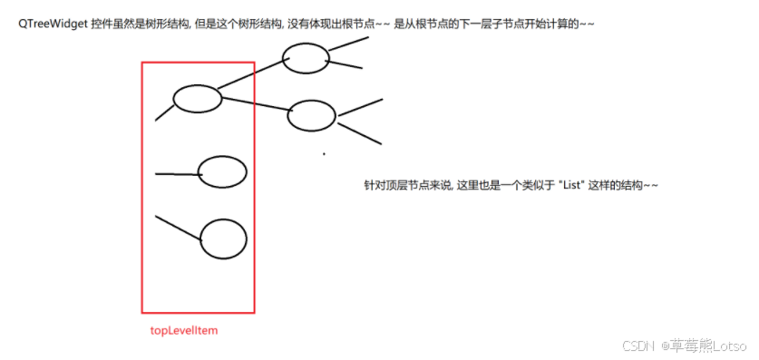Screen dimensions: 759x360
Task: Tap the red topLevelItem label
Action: (x=184, y=330)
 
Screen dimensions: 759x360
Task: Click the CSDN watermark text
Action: (x=639, y=346)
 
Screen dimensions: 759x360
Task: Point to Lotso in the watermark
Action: (x=727, y=346)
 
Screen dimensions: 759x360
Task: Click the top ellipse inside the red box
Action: (x=197, y=98)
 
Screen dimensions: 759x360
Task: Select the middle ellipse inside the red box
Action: (x=222, y=171)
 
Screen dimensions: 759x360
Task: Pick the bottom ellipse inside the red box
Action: (x=223, y=239)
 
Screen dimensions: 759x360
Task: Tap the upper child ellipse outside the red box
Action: (x=306, y=59)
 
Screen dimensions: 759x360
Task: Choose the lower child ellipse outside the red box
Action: (x=311, y=115)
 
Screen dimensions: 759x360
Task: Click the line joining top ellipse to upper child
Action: (x=250, y=79)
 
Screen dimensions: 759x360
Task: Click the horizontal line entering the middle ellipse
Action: (x=178, y=173)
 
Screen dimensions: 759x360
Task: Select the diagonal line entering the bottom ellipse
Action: (x=178, y=229)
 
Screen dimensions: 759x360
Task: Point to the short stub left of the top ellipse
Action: (x=164, y=112)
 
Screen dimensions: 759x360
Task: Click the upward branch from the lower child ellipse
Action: (x=359, y=107)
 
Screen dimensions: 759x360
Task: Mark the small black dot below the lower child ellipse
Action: (x=324, y=154)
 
